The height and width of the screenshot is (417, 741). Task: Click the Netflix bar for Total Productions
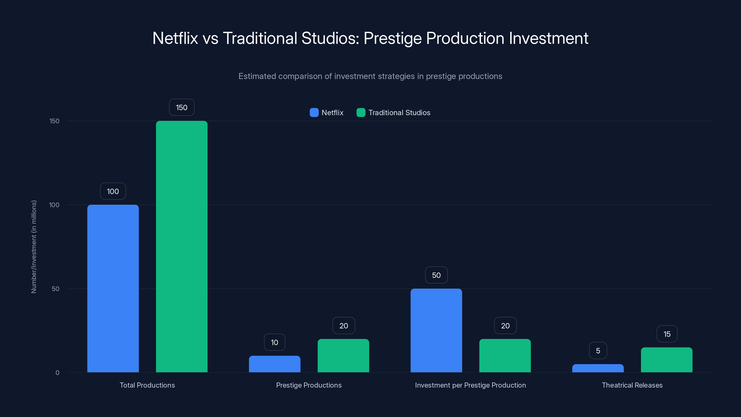click(113, 288)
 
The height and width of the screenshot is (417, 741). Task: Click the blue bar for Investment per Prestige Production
click(436, 330)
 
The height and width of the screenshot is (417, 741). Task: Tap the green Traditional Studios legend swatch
click(361, 113)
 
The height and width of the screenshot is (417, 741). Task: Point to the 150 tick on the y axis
click(54, 121)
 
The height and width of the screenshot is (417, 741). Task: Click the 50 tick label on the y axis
click(56, 289)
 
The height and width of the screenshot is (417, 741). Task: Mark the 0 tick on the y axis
click(57, 373)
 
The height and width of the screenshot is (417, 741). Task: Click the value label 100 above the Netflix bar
click(113, 191)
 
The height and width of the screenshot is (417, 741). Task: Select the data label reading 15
click(667, 334)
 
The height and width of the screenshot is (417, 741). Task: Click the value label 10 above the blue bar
click(274, 342)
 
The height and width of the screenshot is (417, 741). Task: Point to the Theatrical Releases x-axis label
click(632, 385)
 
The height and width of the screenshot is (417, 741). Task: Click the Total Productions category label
click(147, 385)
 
